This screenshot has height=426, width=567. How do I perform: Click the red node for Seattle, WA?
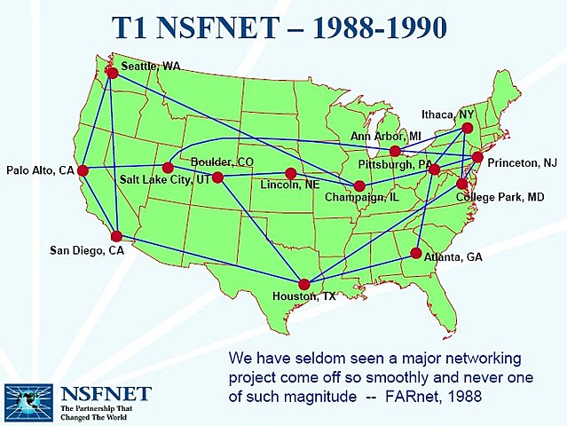point(112,73)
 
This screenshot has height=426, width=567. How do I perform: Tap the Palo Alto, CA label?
point(40,170)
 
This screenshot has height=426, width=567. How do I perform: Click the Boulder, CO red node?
point(217,177)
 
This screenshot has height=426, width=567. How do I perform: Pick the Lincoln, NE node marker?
point(290,173)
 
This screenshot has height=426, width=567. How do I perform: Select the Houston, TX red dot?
point(304,285)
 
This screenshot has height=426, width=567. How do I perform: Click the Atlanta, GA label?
point(453,256)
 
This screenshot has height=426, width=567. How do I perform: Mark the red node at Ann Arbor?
point(395,152)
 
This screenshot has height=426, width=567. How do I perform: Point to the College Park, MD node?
point(462,184)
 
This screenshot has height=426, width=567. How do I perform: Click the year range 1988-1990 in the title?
point(374,27)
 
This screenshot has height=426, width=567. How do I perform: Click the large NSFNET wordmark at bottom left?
point(106,393)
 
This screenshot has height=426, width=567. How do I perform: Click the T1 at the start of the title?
point(138,27)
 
